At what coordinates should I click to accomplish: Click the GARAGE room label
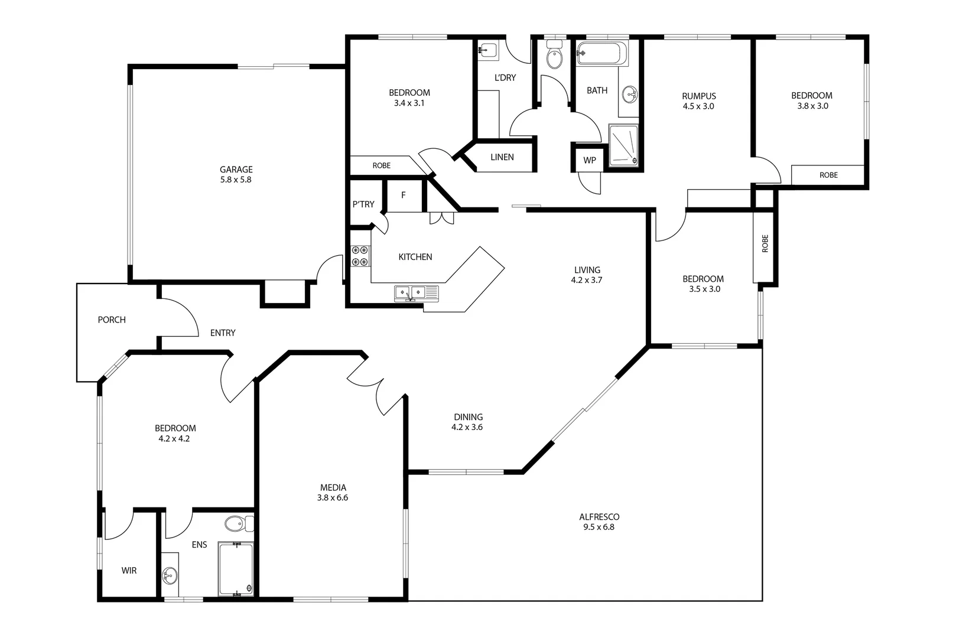coord(236,170)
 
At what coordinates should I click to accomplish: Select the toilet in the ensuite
coord(238,523)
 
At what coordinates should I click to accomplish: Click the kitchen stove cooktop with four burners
coord(360,256)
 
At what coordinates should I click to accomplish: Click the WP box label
coord(589,161)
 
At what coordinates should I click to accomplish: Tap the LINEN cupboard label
coord(502,157)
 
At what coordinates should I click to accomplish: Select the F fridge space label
coord(404,195)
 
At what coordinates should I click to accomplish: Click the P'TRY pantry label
coord(363,204)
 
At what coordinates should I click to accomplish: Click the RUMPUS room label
coord(698,96)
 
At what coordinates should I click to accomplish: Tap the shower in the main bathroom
coord(623,145)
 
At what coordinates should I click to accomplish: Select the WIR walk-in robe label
coord(129,571)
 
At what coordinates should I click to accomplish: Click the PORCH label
coord(112,320)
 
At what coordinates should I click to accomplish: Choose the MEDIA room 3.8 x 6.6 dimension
coord(333,498)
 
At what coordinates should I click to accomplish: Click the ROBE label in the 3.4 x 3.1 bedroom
coord(381,165)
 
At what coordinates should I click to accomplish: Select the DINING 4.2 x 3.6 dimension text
coord(467,427)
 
